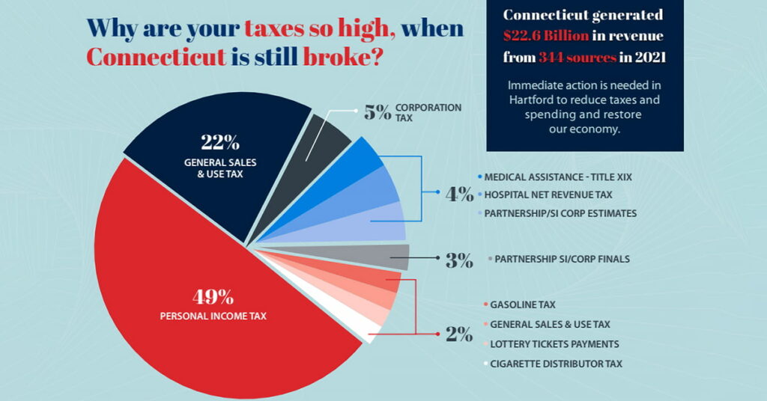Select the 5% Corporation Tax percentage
click(377, 113)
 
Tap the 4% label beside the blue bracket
click(459, 195)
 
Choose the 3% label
click(459, 260)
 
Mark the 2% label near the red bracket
click(458, 334)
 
